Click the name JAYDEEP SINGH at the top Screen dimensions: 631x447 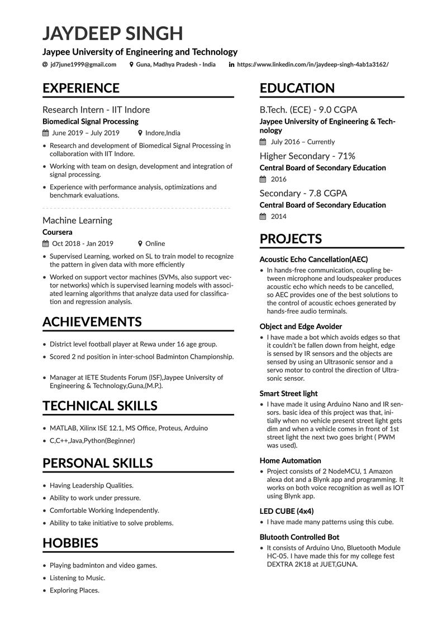tap(113, 33)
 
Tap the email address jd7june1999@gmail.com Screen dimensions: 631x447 tap(83, 65)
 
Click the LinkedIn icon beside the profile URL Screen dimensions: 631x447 tap(231, 65)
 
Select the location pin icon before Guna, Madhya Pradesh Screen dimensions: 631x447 tap(131, 65)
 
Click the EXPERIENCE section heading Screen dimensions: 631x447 tap(81, 88)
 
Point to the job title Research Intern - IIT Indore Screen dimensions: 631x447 tap(96, 110)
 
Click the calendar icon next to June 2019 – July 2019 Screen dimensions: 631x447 tap(46, 133)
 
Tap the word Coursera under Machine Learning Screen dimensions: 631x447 tap(58, 232)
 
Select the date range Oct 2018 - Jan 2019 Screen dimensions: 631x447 tap(83, 244)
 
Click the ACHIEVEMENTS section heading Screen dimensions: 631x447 tap(92, 322)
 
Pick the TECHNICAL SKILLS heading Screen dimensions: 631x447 tap(100, 406)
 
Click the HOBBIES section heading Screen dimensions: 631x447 tap(70, 543)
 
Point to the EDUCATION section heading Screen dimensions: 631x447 tap(297, 88)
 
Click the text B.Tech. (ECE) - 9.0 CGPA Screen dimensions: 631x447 tap(308, 110)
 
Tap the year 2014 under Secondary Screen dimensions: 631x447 tap(278, 216)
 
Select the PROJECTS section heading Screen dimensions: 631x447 tap(291, 239)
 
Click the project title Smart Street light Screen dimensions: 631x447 tap(289, 394)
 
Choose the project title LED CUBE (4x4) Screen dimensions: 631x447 tap(287, 511)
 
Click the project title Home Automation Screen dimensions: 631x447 tap(290, 461)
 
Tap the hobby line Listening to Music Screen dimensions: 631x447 tap(77, 578)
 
